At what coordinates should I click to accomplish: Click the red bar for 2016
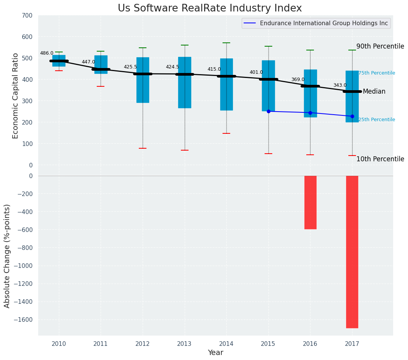click(x=310, y=202)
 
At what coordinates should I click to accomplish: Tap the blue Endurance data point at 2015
click(x=268, y=111)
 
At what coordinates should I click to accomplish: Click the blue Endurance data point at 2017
click(x=352, y=116)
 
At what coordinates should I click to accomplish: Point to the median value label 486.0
click(x=47, y=54)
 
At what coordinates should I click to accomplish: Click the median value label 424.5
click(x=172, y=67)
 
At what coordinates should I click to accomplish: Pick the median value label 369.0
click(x=298, y=80)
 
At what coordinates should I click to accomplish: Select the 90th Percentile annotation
click(x=380, y=47)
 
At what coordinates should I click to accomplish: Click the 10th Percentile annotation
click(x=380, y=159)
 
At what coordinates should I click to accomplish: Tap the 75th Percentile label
click(x=377, y=73)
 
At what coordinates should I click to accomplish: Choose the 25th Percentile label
click(x=377, y=120)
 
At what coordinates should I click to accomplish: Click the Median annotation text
click(x=374, y=92)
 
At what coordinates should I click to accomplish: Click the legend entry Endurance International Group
click(x=323, y=23)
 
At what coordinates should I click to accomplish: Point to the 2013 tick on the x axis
click(x=184, y=344)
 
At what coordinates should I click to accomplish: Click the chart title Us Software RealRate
click(x=210, y=8)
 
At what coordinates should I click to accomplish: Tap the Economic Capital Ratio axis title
click(x=16, y=96)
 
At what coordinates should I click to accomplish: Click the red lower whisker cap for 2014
click(x=226, y=133)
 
